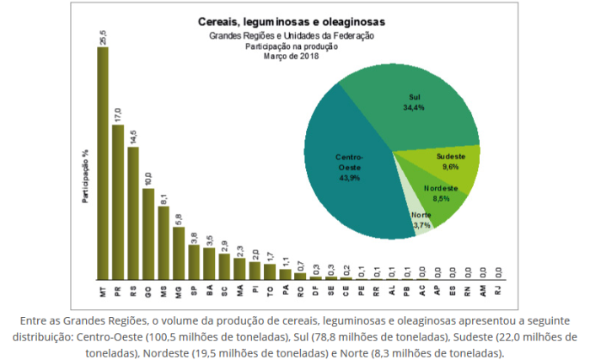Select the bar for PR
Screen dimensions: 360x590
[118, 202]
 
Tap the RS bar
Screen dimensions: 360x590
[133, 214]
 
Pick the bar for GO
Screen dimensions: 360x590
[148, 234]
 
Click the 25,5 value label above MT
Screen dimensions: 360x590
[103, 36]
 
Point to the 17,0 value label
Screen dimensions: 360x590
[118, 115]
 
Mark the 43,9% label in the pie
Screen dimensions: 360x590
[347, 177]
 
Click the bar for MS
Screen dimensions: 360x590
[164, 243]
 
